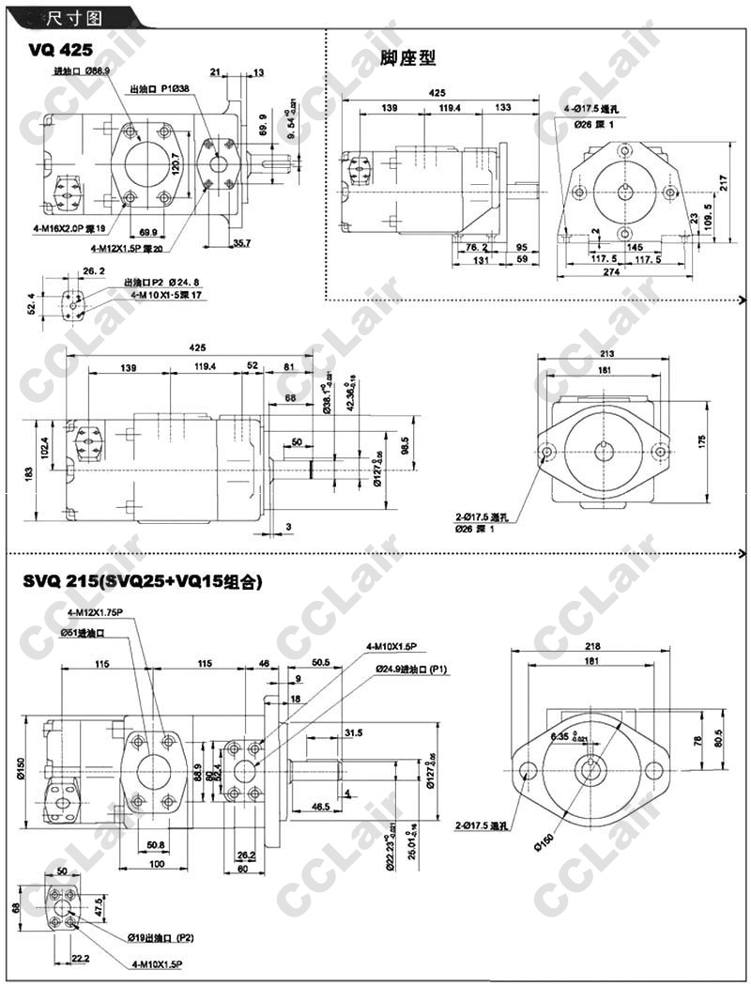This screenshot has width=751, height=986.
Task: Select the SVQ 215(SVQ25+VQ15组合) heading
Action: [142, 582]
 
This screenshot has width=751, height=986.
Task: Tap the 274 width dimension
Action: [628, 272]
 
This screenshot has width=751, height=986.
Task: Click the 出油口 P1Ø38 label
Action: [161, 87]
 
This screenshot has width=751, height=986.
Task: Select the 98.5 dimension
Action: [406, 442]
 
